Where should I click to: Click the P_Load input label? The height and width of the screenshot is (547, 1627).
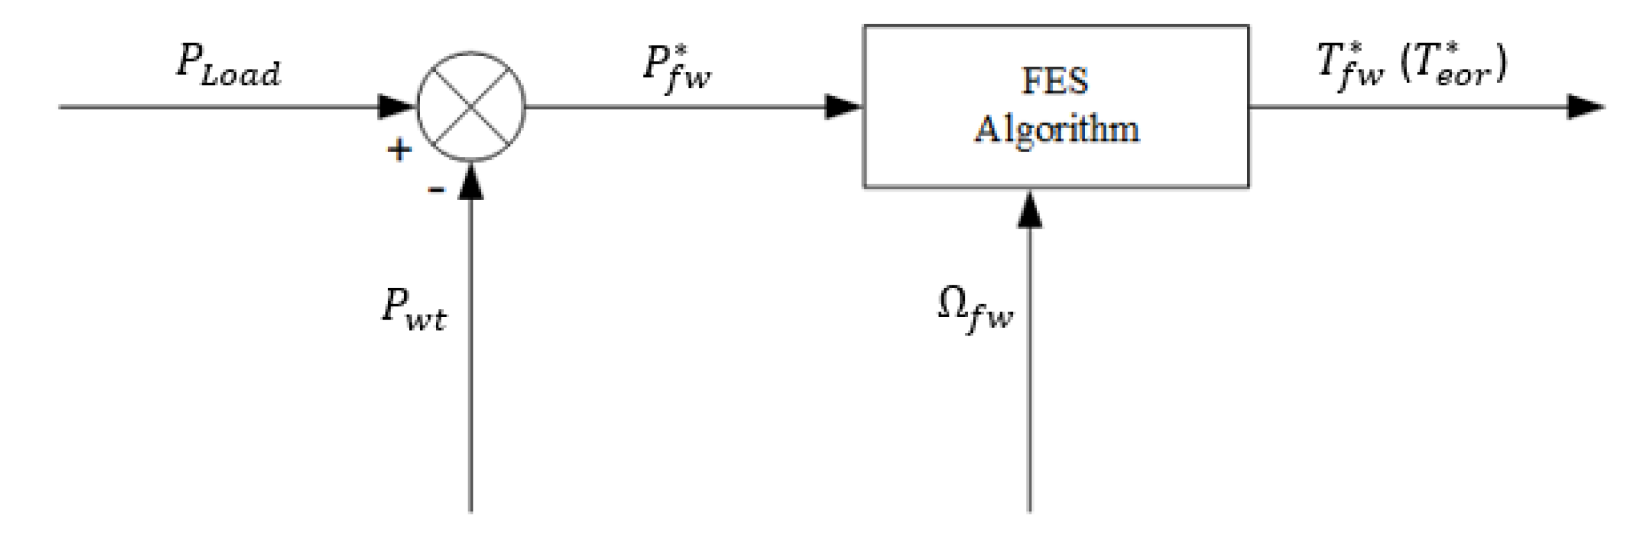pyautogui.click(x=228, y=66)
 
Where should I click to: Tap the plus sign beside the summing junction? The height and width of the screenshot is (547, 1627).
pyautogui.click(x=400, y=150)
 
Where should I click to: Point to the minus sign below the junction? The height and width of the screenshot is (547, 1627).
pyautogui.click(x=436, y=188)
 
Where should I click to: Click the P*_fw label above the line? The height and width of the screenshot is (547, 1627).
pyautogui.click(x=676, y=69)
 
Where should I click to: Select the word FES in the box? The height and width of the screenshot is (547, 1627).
pyautogui.click(x=1054, y=82)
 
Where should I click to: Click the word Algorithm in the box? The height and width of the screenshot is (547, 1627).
pyautogui.click(x=1056, y=129)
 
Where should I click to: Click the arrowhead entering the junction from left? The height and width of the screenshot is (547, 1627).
pyautogui.click(x=396, y=107)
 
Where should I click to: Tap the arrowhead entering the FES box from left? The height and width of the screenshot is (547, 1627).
pyautogui.click(x=842, y=107)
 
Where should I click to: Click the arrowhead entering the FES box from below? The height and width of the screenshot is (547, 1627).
pyautogui.click(x=1029, y=209)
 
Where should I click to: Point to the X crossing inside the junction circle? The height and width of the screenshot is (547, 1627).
pyautogui.click(x=470, y=107)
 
